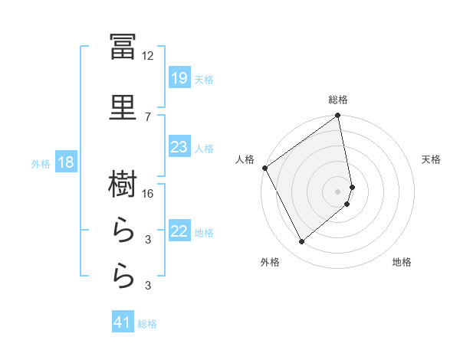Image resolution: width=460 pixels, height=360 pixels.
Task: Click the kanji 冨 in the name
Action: pyautogui.click(x=123, y=47)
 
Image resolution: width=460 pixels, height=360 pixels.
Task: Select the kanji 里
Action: pyautogui.click(x=123, y=107)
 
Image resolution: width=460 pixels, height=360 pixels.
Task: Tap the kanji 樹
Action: pyautogui.click(x=123, y=184)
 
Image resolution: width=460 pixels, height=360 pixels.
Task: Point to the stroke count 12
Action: pyautogui.click(x=147, y=56)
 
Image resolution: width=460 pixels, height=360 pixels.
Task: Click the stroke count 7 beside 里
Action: pyautogui.click(x=148, y=117)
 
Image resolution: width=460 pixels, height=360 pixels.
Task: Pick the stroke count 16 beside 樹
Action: pyautogui.click(x=147, y=194)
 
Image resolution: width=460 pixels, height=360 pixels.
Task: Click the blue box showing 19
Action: pyautogui.click(x=179, y=77)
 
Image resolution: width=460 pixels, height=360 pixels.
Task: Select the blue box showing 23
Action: pyautogui.click(x=179, y=146)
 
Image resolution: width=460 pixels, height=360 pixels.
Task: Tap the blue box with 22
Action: pyautogui.click(x=179, y=230)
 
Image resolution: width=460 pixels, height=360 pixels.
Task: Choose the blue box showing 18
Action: pyautogui.click(x=66, y=162)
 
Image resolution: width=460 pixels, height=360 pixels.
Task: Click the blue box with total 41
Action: pyautogui.click(x=123, y=321)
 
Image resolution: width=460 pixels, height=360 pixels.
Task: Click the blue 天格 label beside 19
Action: pyautogui.click(x=204, y=80)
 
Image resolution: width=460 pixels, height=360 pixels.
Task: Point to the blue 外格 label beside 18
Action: pyautogui.click(x=41, y=164)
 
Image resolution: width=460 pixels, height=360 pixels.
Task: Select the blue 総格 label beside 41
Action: pyautogui.click(x=147, y=324)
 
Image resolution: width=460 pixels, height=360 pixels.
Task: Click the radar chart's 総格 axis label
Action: pyautogui.click(x=338, y=100)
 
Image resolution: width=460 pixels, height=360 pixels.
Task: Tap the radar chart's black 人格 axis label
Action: pyautogui.click(x=245, y=159)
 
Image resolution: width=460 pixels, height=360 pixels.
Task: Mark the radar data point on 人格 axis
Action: pyautogui.click(x=265, y=168)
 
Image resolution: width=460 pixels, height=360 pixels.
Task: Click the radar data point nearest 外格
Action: pyautogui.click(x=301, y=242)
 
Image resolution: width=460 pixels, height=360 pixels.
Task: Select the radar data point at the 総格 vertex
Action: pyautogui.click(x=337, y=115)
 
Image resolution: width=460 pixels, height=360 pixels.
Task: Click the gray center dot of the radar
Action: pyautogui.click(x=337, y=191)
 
